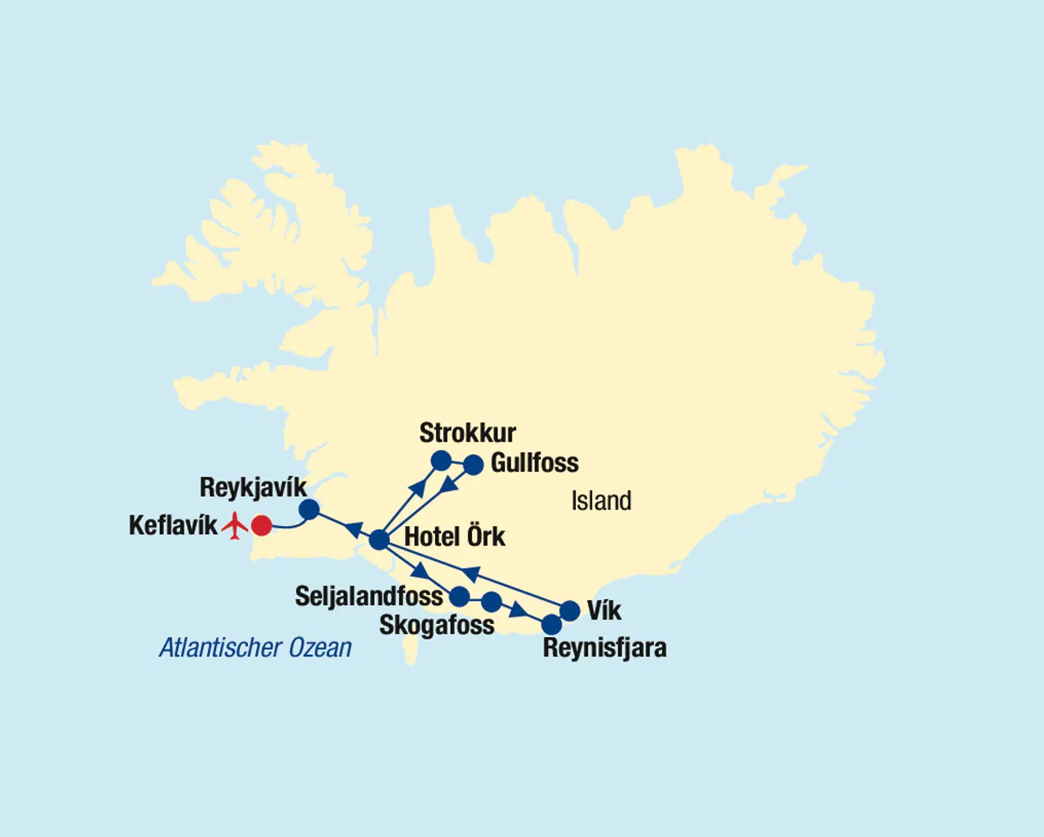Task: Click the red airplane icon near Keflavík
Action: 234,525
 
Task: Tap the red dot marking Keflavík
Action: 261,525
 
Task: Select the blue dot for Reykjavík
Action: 309,509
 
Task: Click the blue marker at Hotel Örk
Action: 379,540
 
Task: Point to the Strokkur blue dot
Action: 441,460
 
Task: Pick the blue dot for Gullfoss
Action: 473,465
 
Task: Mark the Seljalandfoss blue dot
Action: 460,596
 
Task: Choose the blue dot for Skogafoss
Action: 492,601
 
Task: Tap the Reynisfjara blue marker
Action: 552,624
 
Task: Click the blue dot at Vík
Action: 571,611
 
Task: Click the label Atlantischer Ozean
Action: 255,647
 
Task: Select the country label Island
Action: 601,501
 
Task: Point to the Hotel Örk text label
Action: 455,537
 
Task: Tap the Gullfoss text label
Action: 534,463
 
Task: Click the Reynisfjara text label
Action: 605,648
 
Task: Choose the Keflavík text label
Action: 173,525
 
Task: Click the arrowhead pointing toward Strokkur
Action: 417,487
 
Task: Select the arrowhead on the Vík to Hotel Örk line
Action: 471,575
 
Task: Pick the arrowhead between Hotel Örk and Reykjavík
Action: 353,529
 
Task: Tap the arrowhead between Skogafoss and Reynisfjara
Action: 518,610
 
